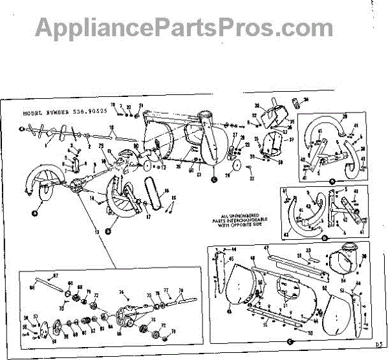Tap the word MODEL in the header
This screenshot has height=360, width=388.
pyautogui.click(x=34, y=112)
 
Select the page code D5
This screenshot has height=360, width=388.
pyautogui.click(x=378, y=344)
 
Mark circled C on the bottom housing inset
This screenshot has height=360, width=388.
pyautogui.click(x=291, y=341)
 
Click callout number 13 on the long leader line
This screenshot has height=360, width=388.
pyautogui.click(x=98, y=231)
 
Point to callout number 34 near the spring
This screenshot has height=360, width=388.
pyautogui.click(x=306, y=100)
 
